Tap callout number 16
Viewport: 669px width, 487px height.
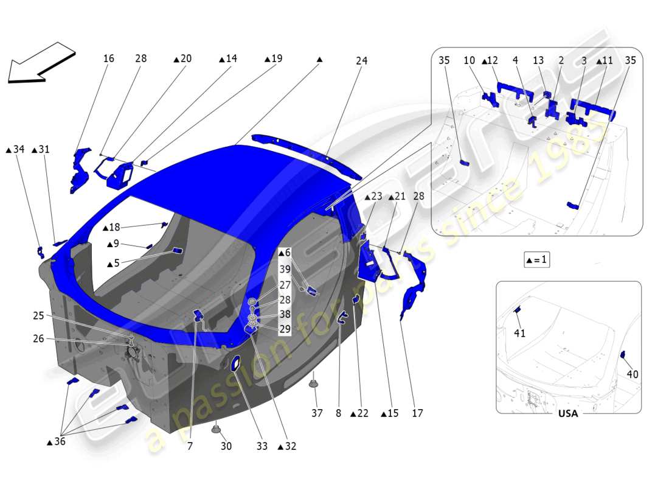pos(108,58)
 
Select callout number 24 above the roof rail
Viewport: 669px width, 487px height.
pos(361,61)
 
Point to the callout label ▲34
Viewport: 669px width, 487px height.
pos(15,149)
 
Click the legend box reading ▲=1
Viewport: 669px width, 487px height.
pos(536,259)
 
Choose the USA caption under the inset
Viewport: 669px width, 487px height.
pos(568,413)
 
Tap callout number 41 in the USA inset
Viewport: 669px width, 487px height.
pos(519,333)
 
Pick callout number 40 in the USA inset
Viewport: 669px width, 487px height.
pos(633,374)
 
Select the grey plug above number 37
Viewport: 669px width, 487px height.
pos(314,384)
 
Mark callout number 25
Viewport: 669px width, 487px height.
pos(38,315)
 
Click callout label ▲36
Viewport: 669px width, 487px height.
pos(56,442)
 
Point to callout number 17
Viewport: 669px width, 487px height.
pos(417,413)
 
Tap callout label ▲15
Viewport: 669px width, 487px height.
pos(389,413)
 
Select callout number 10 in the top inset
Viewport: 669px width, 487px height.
pos(469,61)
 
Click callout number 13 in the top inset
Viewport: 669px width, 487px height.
pos(538,61)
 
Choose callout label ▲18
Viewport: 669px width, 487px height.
pos(111,228)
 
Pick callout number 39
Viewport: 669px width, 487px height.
pos(285,269)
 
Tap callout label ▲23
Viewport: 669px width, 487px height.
pos(373,197)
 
